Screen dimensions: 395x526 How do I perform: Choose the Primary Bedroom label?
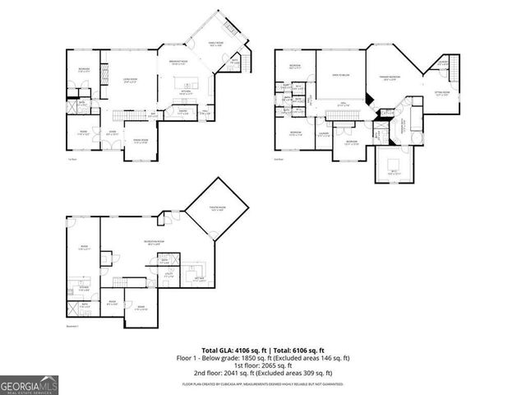(390, 78)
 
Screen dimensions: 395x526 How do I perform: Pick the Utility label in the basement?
(168, 275)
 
